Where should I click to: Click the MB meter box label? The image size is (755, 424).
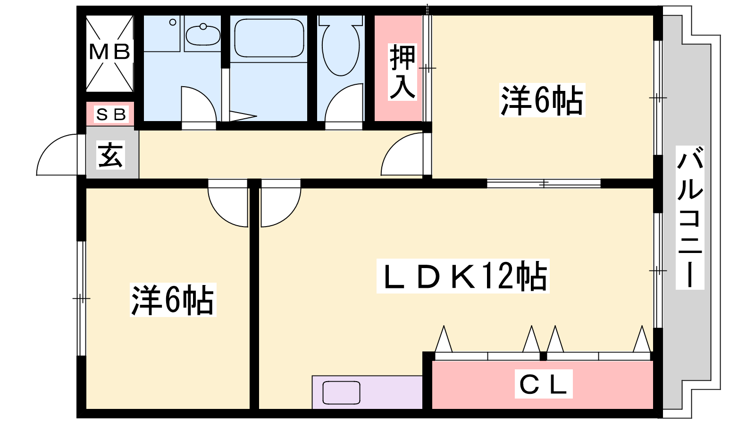(x=109, y=52)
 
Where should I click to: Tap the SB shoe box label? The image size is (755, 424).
(x=111, y=114)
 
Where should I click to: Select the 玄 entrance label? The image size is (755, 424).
(x=111, y=155)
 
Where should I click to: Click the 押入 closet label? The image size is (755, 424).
(x=403, y=72)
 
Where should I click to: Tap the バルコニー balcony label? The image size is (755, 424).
(x=689, y=217)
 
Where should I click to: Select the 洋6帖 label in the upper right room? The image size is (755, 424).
(x=542, y=100)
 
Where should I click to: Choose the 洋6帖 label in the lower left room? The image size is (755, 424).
(x=173, y=300)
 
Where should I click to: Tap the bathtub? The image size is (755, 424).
(x=269, y=38)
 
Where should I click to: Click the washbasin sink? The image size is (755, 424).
(x=202, y=34)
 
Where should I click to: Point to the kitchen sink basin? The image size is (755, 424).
(x=341, y=393)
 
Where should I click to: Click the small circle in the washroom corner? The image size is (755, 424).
(x=173, y=22)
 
